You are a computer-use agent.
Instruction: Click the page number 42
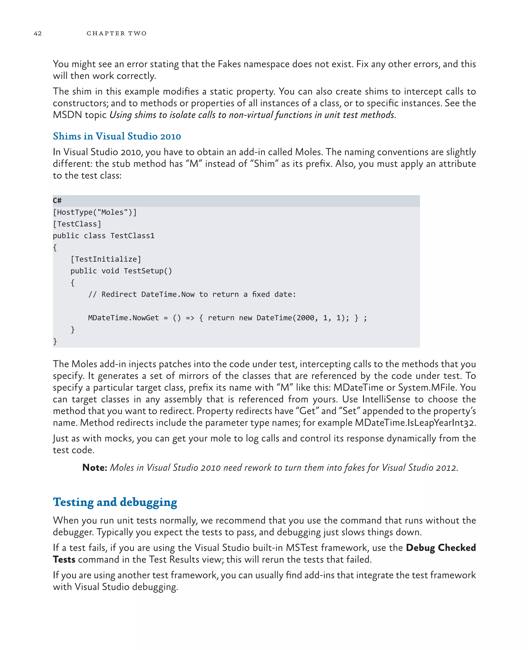click(37, 33)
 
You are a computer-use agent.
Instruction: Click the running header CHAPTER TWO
click(116, 33)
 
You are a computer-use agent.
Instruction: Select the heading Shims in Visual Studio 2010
click(117, 136)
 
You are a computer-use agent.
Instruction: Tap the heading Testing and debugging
click(115, 502)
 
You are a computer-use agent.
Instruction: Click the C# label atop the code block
click(57, 200)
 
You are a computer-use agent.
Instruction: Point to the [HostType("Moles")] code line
click(95, 212)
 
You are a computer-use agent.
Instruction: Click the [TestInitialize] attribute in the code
click(106, 259)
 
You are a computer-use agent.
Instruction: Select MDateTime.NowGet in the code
click(123, 318)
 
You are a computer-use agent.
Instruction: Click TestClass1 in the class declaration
click(132, 236)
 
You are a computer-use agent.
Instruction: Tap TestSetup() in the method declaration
click(148, 271)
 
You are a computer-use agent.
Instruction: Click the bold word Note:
click(95, 468)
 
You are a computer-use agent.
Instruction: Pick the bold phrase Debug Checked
click(441, 548)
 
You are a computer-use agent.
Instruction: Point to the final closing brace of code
click(55, 341)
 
